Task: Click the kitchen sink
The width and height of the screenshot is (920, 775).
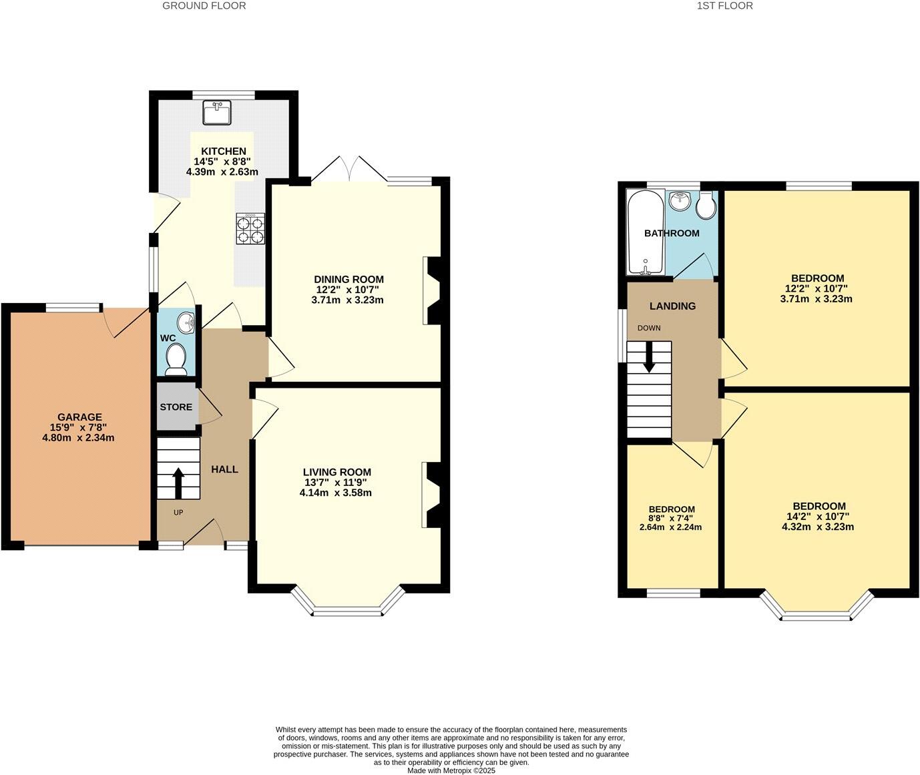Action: pos(217,112)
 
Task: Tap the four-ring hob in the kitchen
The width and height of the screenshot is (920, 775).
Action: pos(250,228)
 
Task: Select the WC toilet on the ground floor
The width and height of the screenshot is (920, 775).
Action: pos(176,357)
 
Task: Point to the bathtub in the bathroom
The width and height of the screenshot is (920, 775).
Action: pos(645,232)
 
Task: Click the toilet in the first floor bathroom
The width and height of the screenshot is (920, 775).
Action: pos(705,206)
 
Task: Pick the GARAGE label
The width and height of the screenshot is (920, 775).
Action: pos(79,417)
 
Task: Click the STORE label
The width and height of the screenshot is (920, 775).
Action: pos(176,407)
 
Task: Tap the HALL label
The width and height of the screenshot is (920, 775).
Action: pos(224,469)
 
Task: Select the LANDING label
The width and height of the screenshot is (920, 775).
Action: pos(672,306)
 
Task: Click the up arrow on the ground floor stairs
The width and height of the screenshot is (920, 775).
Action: pos(178,483)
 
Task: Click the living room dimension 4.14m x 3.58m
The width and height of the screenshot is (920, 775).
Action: pos(336,493)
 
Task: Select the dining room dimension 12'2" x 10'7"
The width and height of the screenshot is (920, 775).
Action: pos(349,290)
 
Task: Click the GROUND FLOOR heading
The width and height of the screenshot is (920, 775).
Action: pos(204,6)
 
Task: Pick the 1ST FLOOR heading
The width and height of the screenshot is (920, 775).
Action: pos(724,6)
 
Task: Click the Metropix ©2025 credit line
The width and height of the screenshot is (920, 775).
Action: pos(451,770)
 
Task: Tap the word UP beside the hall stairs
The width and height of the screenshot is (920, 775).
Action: pos(178,513)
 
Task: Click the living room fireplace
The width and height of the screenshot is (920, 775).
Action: pos(431,495)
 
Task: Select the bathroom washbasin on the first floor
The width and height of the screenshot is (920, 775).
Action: pos(680,200)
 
